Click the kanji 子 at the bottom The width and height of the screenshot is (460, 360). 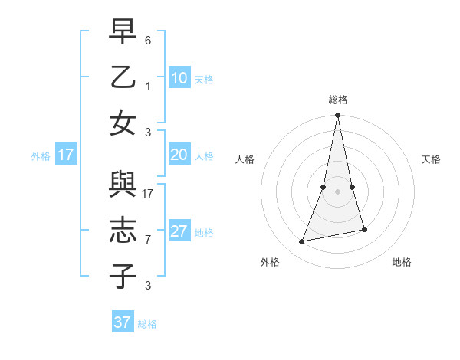(123, 277)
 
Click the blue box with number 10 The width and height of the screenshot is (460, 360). (179, 78)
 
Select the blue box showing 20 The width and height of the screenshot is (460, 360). (179, 155)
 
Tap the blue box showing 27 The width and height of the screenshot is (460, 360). (179, 232)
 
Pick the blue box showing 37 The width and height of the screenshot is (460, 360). (123, 322)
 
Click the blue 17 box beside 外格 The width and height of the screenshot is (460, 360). (65, 155)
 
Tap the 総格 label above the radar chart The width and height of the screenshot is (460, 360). (337, 100)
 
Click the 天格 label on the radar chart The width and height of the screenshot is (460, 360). (431, 159)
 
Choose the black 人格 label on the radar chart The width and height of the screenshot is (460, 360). (245, 159)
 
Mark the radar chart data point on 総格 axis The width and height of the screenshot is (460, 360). (337, 116)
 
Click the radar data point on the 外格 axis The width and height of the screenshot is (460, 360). (302, 242)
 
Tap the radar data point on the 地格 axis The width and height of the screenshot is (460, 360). (364, 229)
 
